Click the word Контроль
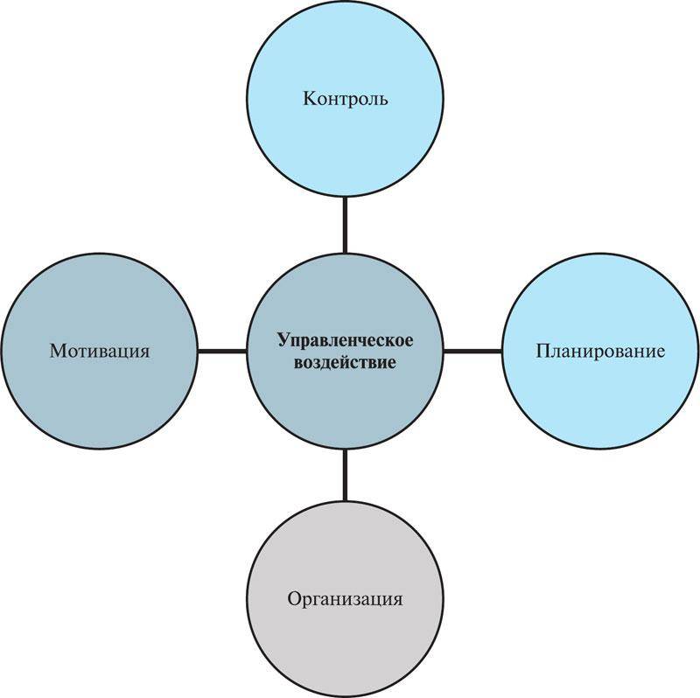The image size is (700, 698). [x=345, y=99]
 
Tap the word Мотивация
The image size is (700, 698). [x=100, y=352]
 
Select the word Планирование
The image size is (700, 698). [x=600, y=352]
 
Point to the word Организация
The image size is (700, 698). [x=345, y=599]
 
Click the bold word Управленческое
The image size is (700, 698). [x=345, y=341]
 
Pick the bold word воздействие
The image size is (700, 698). [x=345, y=362]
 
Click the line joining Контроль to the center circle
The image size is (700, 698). [x=345, y=225]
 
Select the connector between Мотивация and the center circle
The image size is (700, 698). [x=222, y=352]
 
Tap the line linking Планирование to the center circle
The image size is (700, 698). [x=472, y=352]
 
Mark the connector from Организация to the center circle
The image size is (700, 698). [x=345, y=475]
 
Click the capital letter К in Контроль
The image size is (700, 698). [x=310, y=99]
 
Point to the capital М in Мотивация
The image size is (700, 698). [x=59, y=352]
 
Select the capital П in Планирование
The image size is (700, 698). [x=543, y=352]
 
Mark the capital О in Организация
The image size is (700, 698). [x=295, y=599]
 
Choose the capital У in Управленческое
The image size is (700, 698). [x=284, y=340]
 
